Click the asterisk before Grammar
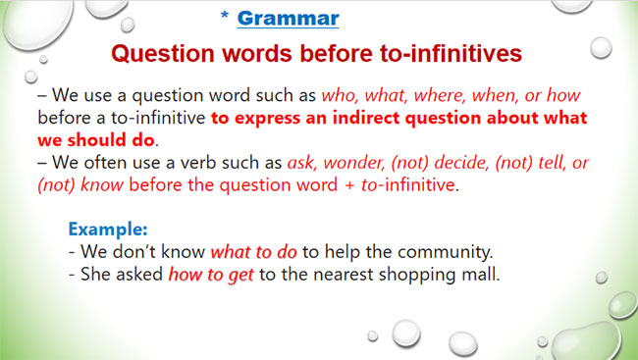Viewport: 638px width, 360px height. pos(225,19)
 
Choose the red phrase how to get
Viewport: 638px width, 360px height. pos(210,276)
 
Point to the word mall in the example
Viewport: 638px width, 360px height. pos(481,276)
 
